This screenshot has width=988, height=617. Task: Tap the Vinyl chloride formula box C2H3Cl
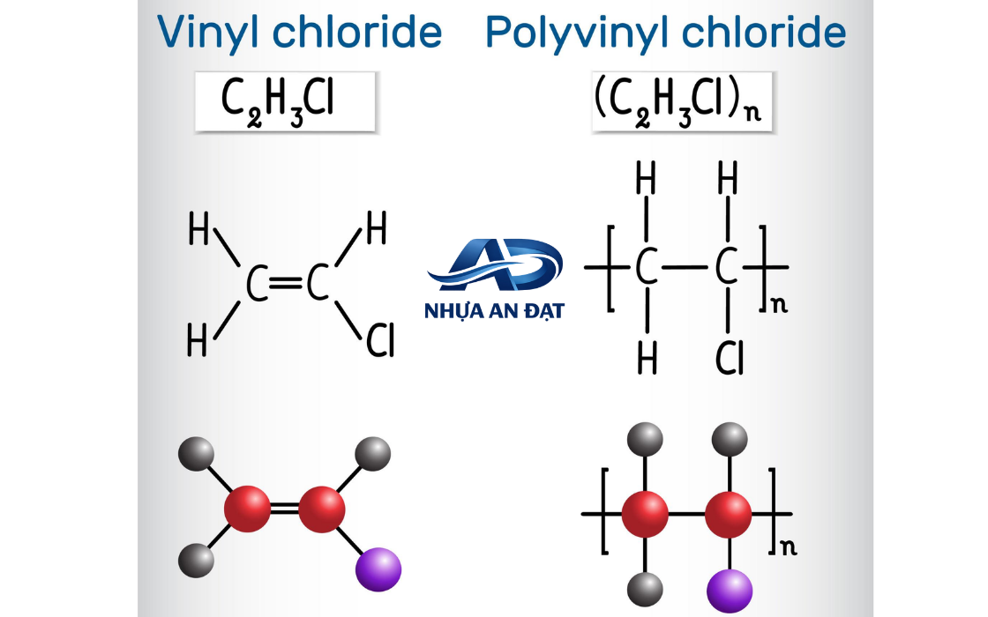(286, 101)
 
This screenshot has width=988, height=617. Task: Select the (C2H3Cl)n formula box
(682, 101)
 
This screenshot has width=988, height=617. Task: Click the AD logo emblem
(495, 264)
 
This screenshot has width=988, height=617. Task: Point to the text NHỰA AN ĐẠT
(495, 311)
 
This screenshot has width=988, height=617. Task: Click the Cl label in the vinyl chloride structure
(380, 340)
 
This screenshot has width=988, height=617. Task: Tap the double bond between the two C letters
(286, 283)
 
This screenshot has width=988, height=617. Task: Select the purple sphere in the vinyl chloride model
(378, 569)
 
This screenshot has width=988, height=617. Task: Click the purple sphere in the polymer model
(730, 591)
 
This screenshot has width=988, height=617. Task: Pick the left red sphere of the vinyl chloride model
(248, 509)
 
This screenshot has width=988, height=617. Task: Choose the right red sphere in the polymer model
(729, 515)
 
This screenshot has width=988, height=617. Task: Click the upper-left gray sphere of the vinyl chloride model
(196, 453)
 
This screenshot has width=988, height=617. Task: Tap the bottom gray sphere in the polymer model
(645, 590)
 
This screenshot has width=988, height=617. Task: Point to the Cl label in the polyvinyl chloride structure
(730, 358)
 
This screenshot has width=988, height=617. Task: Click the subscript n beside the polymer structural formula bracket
(780, 305)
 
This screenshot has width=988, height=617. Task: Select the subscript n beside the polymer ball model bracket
(789, 547)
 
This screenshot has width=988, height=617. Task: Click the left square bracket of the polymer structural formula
(610, 268)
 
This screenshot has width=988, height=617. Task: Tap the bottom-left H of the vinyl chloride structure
(198, 340)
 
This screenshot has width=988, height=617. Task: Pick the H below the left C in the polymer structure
(647, 358)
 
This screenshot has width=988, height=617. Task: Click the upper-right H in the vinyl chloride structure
(376, 227)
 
